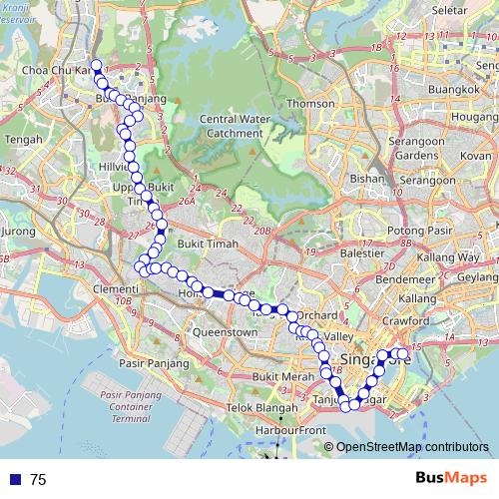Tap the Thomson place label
pos(310,104)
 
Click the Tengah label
pos(21,140)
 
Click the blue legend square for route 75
pos(15,480)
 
